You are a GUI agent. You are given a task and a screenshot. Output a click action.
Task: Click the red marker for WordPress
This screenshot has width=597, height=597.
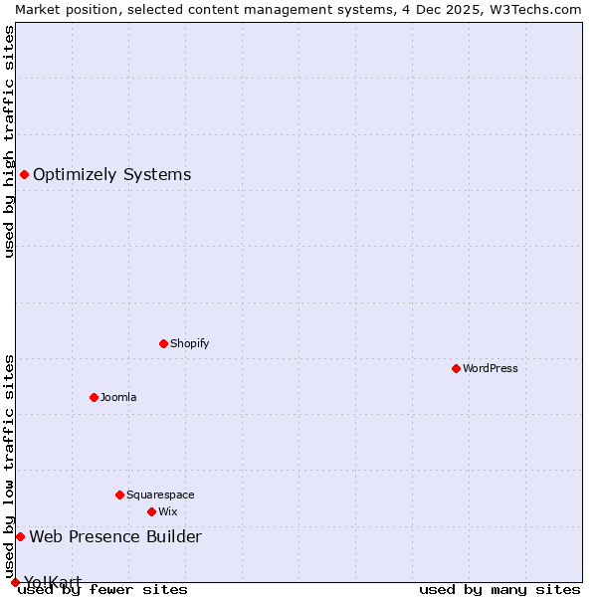pyautogui.click(x=456, y=368)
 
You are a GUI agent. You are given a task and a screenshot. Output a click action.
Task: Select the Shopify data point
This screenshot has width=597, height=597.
pyautogui.click(x=163, y=343)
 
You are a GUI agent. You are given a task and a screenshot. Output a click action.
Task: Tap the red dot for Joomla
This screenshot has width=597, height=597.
pyautogui.click(x=94, y=397)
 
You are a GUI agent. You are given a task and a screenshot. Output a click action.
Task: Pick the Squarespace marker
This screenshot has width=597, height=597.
pyautogui.click(x=119, y=495)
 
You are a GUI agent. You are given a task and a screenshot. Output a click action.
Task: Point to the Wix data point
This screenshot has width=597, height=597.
pyautogui.click(x=151, y=511)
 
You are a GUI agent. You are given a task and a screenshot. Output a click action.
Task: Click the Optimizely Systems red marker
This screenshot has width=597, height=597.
pyautogui.click(x=24, y=175)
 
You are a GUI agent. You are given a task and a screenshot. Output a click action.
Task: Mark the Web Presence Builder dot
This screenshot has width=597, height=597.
pyautogui.click(x=20, y=537)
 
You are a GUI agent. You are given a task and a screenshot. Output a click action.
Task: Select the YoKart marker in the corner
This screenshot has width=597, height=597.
pyautogui.click(x=15, y=582)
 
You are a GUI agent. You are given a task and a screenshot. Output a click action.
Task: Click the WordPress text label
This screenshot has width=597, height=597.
pyautogui.click(x=491, y=368)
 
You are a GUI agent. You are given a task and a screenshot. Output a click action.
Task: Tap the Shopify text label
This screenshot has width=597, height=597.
pyautogui.click(x=189, y=343)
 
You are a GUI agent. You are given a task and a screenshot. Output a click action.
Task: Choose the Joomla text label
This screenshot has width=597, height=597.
pyautogui.click(x=118, y=397)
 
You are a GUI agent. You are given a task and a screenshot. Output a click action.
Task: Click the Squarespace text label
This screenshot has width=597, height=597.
pyautogui.click(x=160, y=495)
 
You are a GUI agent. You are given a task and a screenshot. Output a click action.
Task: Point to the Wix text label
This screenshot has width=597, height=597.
pyautogui.click(x=167, y=511)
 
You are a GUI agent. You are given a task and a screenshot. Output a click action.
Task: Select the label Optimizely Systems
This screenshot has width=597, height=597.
pyautogui.click(x=111, y=175)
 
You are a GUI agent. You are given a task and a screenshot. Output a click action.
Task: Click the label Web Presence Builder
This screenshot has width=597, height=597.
pyautogui.click(x=115, y=537)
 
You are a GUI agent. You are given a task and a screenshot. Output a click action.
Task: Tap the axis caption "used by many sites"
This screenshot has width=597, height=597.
pyautogui.click(x=499, y=589)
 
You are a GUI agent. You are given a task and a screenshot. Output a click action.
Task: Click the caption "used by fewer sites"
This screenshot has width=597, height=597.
pyautogui.click(x=103, y=589)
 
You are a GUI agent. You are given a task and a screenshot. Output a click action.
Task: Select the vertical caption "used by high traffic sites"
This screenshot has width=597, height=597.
pyautogui.click(x=9, y=141)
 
